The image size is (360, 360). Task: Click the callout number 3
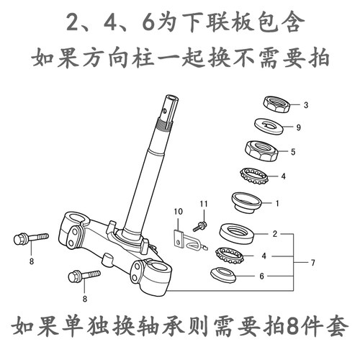306,105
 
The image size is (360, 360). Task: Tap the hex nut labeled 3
276,104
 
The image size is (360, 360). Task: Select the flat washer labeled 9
269,126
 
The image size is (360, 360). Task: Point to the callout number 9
298,127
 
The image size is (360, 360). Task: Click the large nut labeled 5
261,150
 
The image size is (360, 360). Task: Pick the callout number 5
293,152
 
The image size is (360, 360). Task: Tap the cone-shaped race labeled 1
246,202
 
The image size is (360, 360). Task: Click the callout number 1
277,204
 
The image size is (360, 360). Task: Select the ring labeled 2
237,233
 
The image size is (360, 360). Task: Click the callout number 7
312,263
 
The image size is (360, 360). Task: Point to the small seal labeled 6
223,275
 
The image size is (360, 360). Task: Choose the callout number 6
261,276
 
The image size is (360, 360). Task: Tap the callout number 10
178,212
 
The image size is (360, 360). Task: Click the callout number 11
204,204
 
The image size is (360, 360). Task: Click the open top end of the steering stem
172,98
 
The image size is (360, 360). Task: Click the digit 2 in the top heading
73,22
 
